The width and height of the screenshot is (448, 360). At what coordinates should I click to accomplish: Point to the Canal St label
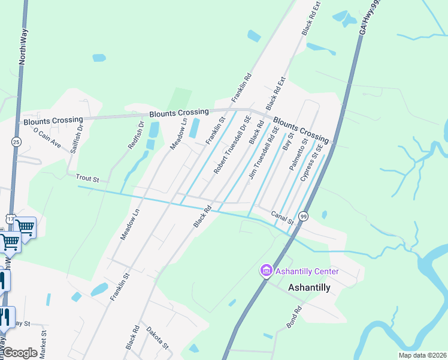pos(281,217)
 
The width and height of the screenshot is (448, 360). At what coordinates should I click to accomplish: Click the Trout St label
pos(87,178)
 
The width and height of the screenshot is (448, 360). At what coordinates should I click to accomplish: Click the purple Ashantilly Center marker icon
pos(266,272)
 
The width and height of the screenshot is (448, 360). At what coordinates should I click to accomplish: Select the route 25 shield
pos(16,142)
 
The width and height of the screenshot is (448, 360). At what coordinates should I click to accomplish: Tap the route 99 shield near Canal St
pos(303,216)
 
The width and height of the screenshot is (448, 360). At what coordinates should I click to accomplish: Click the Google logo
pos(20,353)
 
